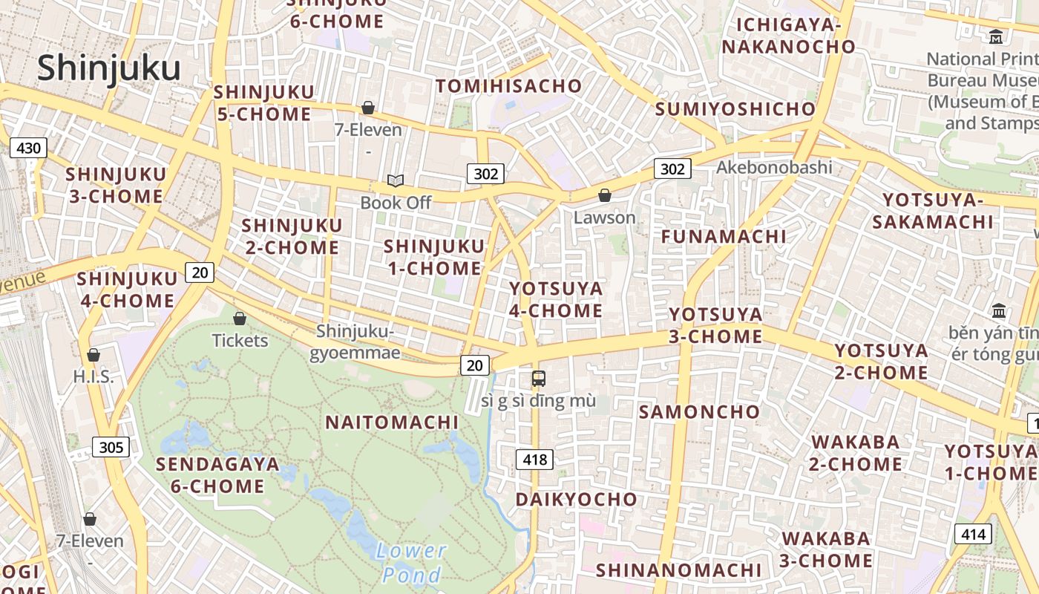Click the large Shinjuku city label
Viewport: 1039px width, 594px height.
tap(109, 68)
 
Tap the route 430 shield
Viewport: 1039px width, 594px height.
tap(28, 148)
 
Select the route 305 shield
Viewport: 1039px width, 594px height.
tap(111, 447)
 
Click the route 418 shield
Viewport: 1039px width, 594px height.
tap(534, 460)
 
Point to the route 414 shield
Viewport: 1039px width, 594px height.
tap(972, 534)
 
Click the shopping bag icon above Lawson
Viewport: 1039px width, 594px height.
tap(605, 195)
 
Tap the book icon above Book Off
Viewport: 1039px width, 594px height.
tap(396, 180)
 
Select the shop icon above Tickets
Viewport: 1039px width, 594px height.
tap(240, 319)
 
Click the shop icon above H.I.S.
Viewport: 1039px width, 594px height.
tap(94, 355)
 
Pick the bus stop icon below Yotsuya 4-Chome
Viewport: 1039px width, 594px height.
tap(539, 378)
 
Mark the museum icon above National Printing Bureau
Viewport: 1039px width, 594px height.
tap(996, 36)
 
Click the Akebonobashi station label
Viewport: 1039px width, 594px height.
tap(774, 167)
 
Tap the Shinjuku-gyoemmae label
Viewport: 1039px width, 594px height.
tap(355, 342)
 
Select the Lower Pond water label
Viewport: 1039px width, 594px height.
tap(410, 562)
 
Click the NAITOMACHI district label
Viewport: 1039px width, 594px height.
tap(392, 422)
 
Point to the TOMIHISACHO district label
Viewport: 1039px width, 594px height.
tap(508, 86)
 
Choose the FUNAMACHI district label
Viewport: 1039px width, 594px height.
tap(724, 236)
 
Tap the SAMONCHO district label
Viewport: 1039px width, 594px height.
tap(699, 411)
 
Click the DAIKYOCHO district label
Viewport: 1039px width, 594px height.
tap(577, 499)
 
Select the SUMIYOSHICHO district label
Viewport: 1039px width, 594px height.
tap(735, 109)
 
